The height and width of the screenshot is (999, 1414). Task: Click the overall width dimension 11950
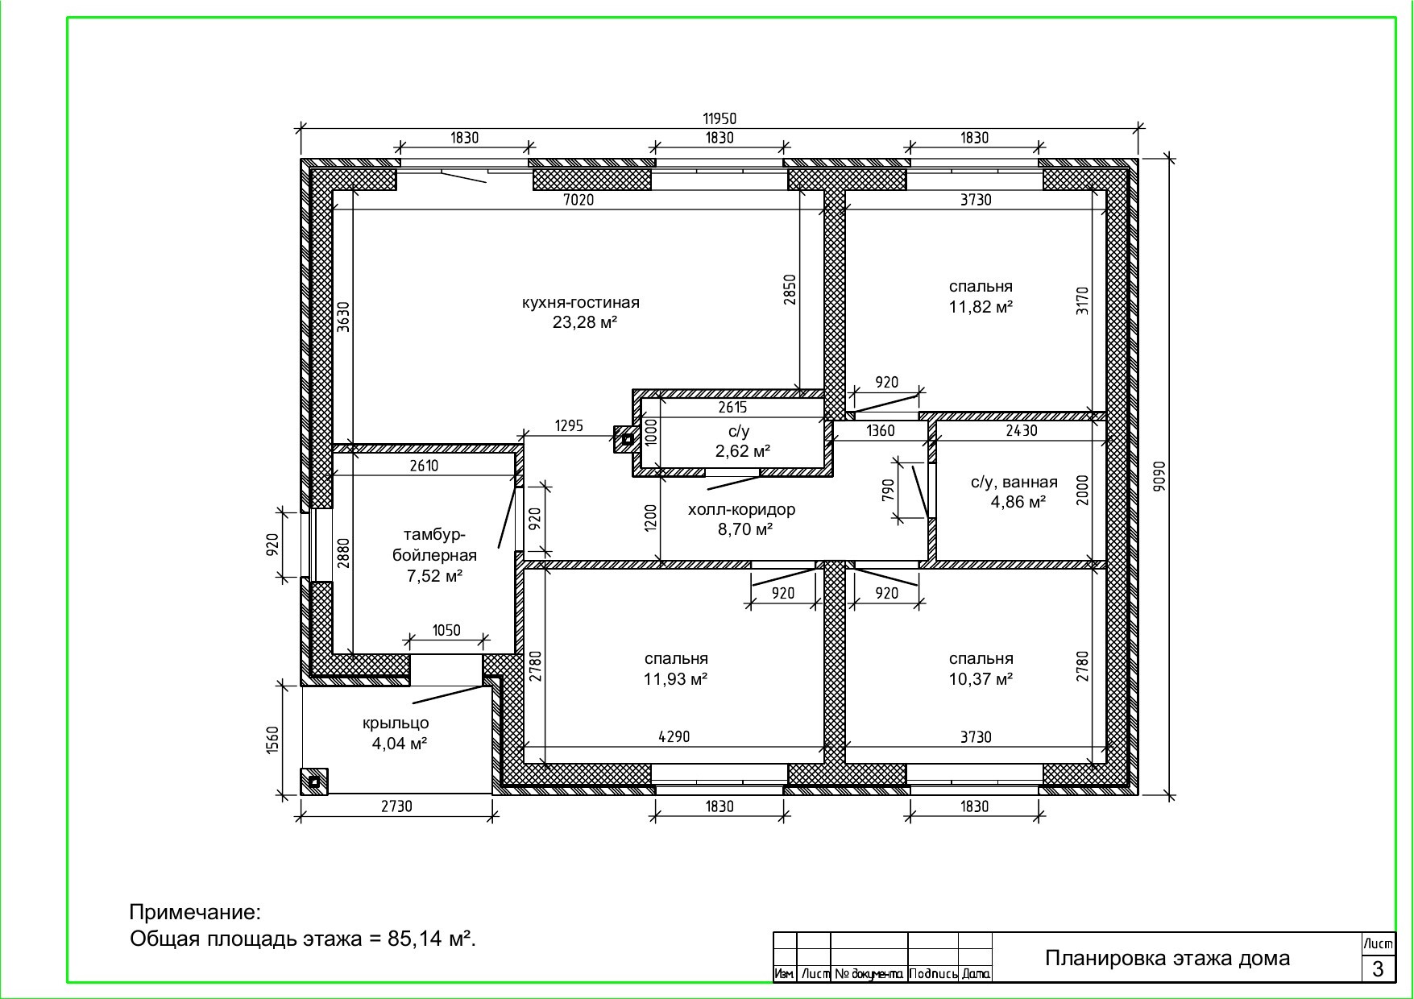click(719, 118)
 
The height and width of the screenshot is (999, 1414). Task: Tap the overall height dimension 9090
click(1159, 475)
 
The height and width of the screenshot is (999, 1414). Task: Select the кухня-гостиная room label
click(580, 303)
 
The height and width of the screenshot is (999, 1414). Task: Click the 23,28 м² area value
click(585, 322)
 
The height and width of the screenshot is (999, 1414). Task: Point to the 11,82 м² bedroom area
click(981, 306)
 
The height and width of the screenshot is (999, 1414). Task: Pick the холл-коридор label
click(741, 509)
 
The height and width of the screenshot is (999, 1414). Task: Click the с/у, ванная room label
click(1014, 482)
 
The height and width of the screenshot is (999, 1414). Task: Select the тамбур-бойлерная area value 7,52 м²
click(434, 575)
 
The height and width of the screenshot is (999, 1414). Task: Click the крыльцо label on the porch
click(396, 723)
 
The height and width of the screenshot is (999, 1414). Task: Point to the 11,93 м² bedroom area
click(675, 678)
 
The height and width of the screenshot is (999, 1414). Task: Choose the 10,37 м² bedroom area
click(981, 678)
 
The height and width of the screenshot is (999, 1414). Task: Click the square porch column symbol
click(314, 781)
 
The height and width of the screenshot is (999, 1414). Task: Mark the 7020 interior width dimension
click(578, 199)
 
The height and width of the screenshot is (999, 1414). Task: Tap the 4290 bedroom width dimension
click(674, 736)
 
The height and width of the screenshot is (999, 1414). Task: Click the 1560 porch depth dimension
click(272, 740)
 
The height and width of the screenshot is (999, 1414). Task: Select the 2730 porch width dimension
click(396, 806)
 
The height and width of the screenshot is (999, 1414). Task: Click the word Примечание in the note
click(195, 913)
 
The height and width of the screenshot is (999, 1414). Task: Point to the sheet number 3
click(1378, 968)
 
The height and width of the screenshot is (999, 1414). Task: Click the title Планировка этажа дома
click(1167, 958)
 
